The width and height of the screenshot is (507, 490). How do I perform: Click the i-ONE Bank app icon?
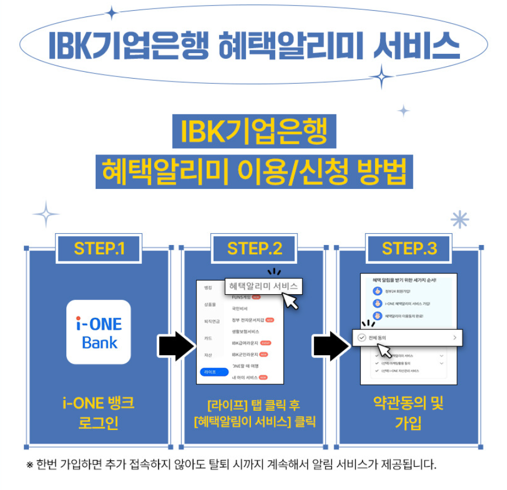point(99,332)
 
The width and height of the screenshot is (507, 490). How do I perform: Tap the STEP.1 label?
point(99,248)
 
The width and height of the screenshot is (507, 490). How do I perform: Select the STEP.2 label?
point(254,248)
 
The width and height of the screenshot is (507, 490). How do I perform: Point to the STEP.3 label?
point(409,248)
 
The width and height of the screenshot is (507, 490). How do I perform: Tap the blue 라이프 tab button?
point(210,372)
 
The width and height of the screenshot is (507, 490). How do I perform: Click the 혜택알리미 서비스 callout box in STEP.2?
point(263,286)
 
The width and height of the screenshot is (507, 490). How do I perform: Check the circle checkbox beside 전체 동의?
point(362,338)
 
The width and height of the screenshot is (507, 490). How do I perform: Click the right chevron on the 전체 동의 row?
point(454,338)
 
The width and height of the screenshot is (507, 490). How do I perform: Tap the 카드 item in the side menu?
point(208,338)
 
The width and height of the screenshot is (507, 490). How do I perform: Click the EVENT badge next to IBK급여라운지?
point(266,343)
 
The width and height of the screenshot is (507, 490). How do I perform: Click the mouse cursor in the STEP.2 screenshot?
point(291,302)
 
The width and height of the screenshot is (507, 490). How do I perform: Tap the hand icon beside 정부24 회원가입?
point(377,291)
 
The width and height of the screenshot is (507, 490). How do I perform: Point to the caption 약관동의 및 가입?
point(408,413)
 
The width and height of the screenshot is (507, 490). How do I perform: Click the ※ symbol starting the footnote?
point(30,465)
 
